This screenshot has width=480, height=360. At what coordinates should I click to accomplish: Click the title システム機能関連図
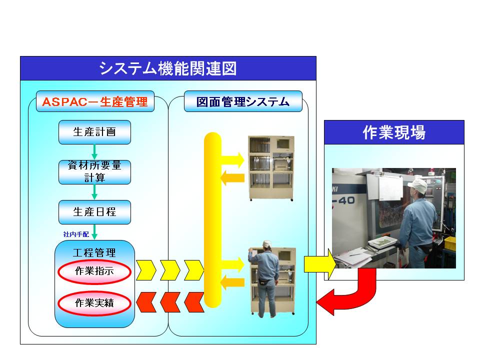(168, 68)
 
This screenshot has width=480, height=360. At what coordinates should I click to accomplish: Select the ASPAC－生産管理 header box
(95, 101)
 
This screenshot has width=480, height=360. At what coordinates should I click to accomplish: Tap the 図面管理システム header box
(243, 101)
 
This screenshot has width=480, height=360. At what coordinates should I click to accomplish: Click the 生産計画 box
(94, 132)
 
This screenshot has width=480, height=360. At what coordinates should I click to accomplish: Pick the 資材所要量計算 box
(94, 172)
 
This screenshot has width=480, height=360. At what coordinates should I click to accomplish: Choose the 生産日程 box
(94, 212)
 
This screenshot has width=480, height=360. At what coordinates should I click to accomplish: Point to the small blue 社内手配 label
(76, 234)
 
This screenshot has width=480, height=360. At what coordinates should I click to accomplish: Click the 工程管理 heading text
(94, 252)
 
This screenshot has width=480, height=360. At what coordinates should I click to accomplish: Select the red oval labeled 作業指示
(94, 271)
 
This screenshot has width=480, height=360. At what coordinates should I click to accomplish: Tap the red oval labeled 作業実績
(94, 303)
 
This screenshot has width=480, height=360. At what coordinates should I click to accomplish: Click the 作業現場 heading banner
(394, 132)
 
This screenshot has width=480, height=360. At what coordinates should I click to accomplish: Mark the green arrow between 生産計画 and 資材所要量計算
(94, 152)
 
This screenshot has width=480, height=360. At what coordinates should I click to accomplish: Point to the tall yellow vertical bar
(212, 220)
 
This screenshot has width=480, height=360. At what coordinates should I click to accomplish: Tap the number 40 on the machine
(346, 200)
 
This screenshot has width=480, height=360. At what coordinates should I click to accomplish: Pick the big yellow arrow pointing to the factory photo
(320, 264)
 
